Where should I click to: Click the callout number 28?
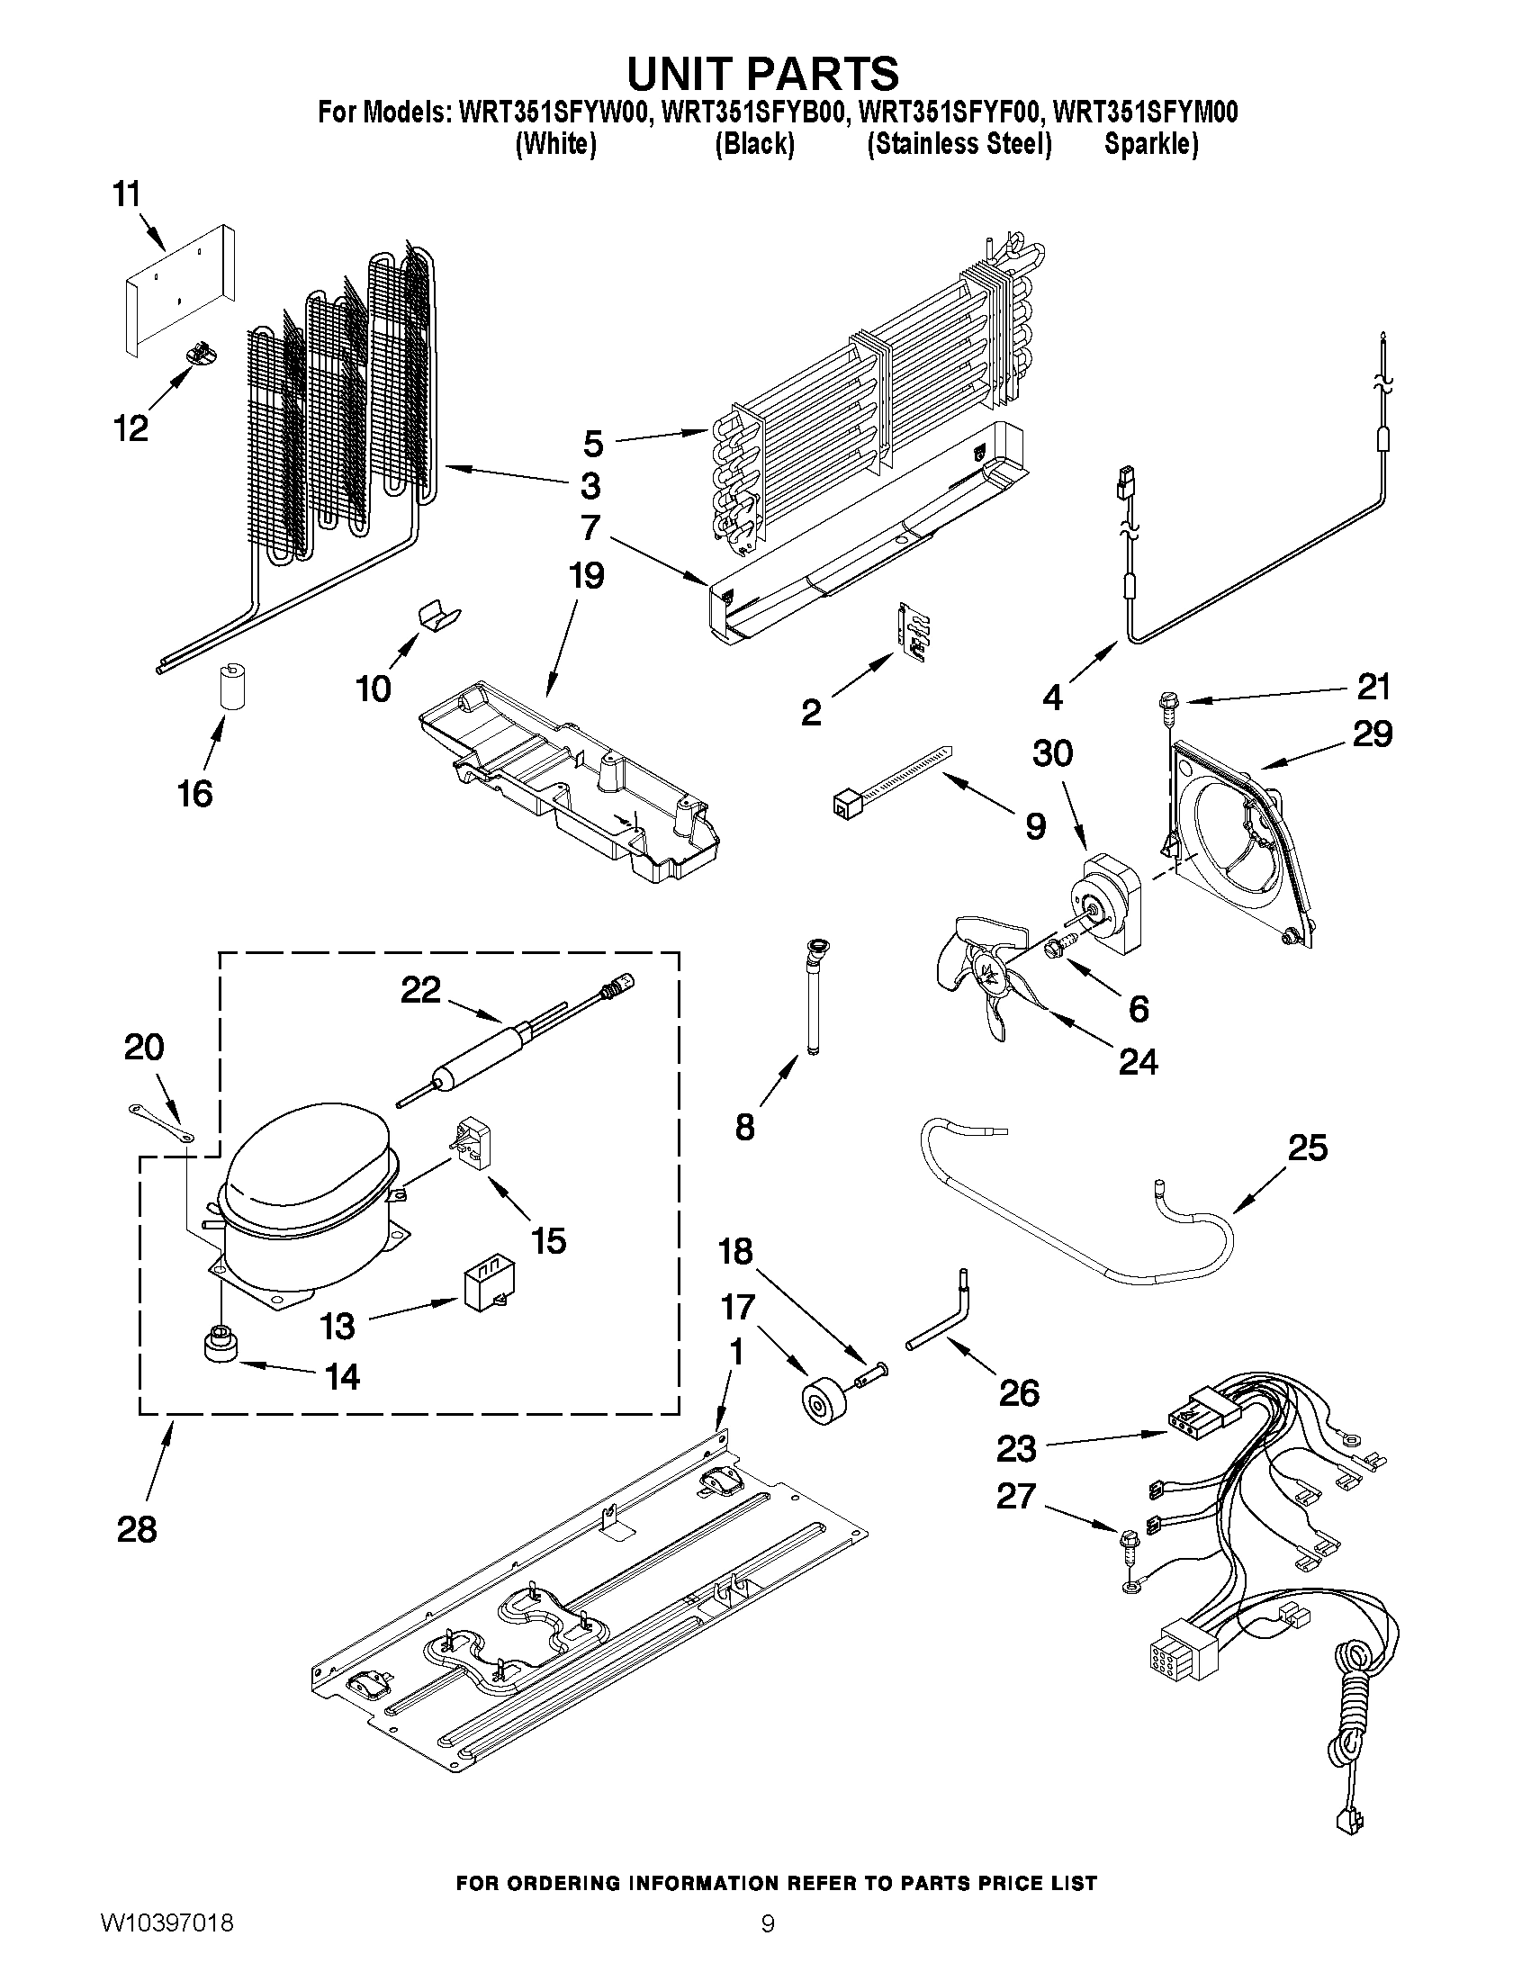click(x=137, y=1530)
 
